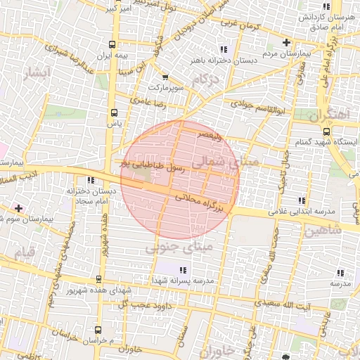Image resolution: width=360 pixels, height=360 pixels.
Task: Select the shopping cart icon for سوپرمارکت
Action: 165,77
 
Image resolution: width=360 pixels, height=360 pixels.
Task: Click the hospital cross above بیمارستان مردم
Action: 285,43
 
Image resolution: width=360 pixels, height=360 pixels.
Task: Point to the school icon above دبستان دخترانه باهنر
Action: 224,49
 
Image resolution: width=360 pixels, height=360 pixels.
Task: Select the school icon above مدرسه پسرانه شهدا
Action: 183,270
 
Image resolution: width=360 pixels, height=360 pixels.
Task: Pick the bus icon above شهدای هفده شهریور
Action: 98,280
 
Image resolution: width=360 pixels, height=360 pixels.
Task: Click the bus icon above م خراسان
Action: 97,329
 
